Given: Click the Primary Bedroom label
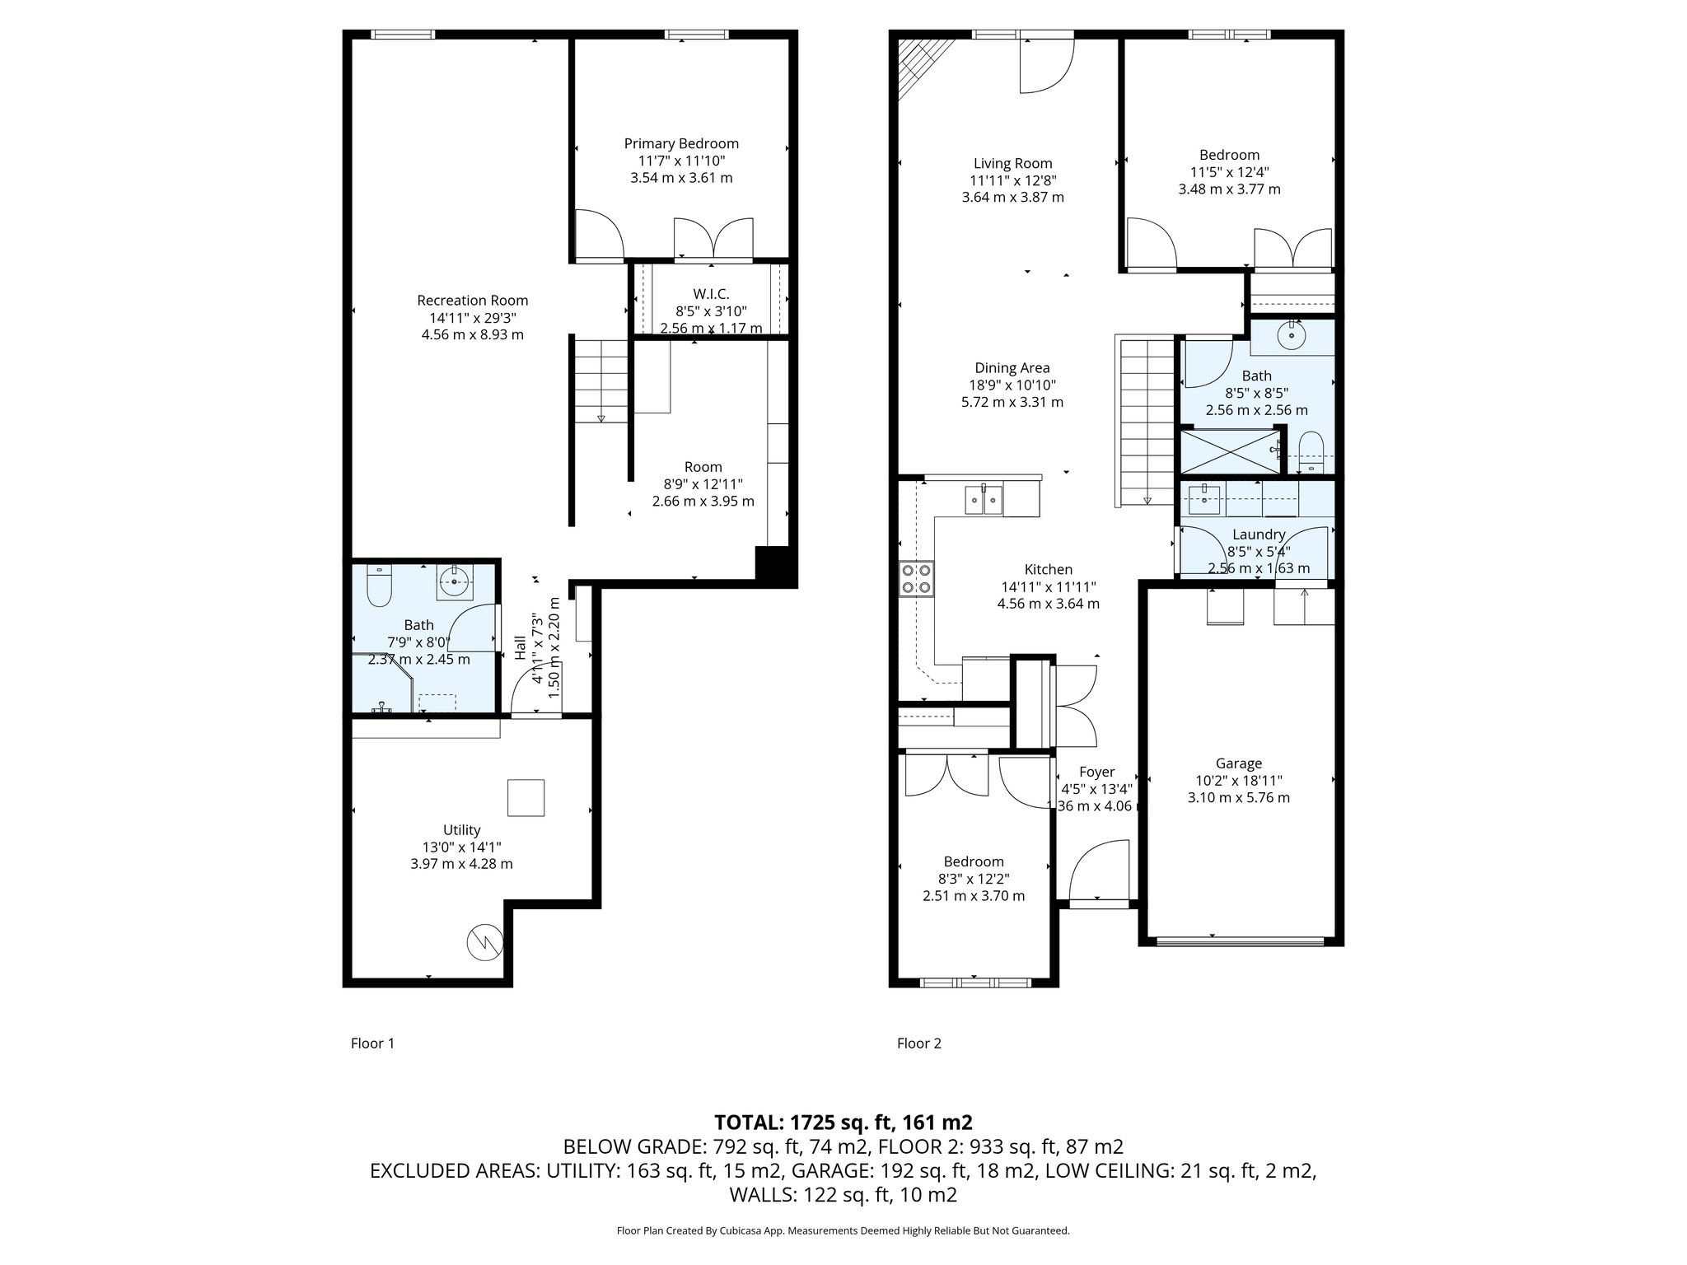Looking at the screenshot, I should pyautogui.click(x=681, y=144).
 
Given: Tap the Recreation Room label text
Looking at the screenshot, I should pyautogui.click(x=472, y=301).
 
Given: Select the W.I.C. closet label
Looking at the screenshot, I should pyautogui.click(x=711, y=294).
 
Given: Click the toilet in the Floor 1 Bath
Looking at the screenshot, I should pyautogui.click(x=380, y=586).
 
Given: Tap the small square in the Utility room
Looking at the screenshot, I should pyautogui.click(x=526, y=797).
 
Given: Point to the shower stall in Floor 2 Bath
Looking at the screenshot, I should pyautogui.click(x=1230, y=451).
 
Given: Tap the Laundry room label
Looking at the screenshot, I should pyautogui.click(x=1259, y=534).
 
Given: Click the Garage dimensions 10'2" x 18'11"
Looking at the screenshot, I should pyautogui.click(x=1238, y=781).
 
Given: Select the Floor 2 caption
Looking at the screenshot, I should pyautogui.click(x=918, y=1043).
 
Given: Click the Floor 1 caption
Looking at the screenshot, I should pyautogui.click(x=372, y=1043).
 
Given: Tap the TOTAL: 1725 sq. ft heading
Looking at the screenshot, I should pyautogui.click(x=843, y=1123).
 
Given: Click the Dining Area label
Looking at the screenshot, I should pyautogui.click(x=1012, y=368).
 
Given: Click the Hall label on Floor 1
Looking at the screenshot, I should pyautogui.click(x=520, y=647).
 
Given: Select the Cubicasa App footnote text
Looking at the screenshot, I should pyautogui.click(x=843, y=1230).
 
